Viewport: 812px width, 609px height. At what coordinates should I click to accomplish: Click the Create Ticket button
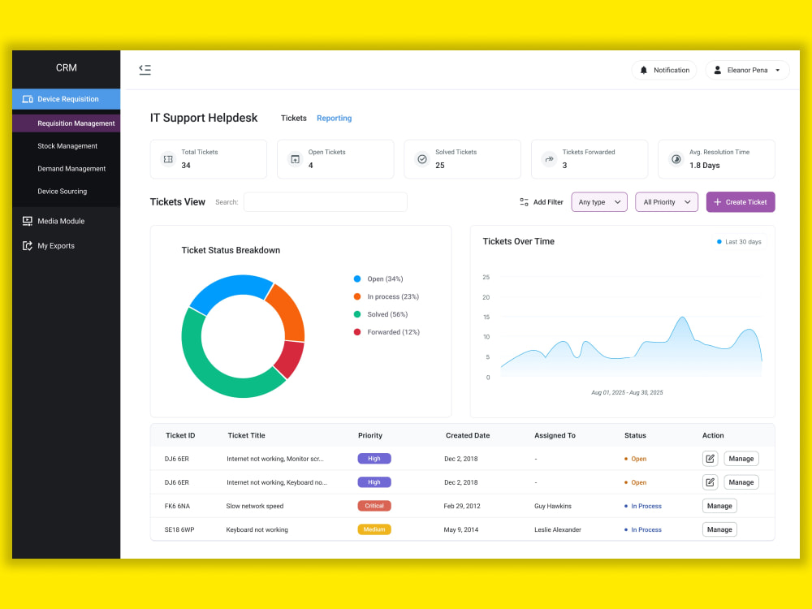(x=740, y=202)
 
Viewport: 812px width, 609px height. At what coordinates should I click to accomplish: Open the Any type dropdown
(x=599, y=202)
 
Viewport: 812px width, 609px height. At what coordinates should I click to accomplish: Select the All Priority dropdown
(x=667, y=202)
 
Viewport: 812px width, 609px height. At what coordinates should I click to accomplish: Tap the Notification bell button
(x=664, y=70)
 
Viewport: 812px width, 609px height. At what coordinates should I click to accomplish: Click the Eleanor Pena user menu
(x=747, y=70)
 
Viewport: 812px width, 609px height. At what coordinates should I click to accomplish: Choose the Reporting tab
(x=334, y=118)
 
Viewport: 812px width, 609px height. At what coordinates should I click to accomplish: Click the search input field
(x=326, y=202)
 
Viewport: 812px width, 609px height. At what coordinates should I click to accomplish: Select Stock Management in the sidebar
(x=67, y=146)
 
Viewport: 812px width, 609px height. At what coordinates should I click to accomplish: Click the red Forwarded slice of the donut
(x=290, y=359)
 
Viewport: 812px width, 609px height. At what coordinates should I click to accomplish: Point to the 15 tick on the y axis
(x=486, y=317)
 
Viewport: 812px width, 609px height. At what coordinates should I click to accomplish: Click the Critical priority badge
(x=374, y=506)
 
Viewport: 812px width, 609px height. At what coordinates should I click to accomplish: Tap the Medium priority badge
(x=374, y=529)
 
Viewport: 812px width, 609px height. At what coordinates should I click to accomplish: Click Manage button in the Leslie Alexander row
(x=719, y=529)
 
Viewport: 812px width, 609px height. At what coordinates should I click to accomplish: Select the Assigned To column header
(x=555, y=435)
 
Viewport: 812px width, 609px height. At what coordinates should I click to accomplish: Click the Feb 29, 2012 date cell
(x=462, y=506)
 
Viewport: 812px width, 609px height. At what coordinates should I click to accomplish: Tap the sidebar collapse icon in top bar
(x=145, y=69)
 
